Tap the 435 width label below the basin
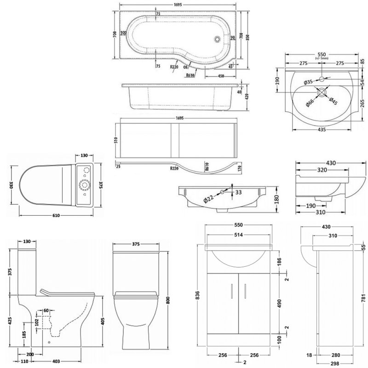pyautogui.click(x=322, y=130)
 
